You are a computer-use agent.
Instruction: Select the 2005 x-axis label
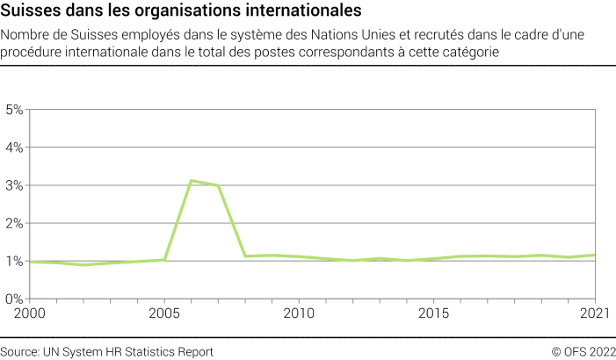click(164, 313)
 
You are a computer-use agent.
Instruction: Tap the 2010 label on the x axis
click(299, 313)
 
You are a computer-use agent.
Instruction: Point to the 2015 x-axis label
click(434, 313)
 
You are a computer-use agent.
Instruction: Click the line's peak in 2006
click(191, 181)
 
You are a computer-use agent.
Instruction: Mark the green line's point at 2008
click(245, 256)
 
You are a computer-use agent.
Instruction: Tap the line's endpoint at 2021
click(596, 256)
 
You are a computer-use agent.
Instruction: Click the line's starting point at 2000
click(30, 262)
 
